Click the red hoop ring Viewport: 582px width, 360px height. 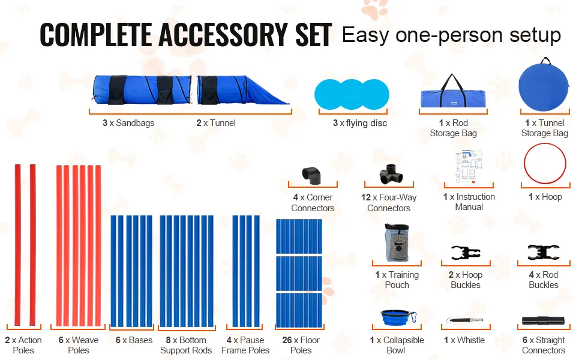coord(545,144)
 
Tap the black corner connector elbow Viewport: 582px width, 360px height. coord(312,175)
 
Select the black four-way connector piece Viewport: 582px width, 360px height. coord(391,174)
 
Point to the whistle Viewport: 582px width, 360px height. coord(464,320)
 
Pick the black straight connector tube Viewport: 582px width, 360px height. coord(543,320)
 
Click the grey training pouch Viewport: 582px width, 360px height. coord(397,242)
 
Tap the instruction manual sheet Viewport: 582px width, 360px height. coord(469,167)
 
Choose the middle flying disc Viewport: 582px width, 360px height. coord(352,94)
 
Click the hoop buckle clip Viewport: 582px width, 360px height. coord(466,253)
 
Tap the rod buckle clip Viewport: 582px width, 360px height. coord(544,253)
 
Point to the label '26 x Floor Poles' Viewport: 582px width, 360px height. coord(301,345)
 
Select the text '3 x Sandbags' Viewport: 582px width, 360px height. coord(128,123)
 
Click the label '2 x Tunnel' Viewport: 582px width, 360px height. coord(216,123)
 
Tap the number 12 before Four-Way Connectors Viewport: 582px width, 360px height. coord(366,197)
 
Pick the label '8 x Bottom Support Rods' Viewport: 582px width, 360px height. coord(186,345)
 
